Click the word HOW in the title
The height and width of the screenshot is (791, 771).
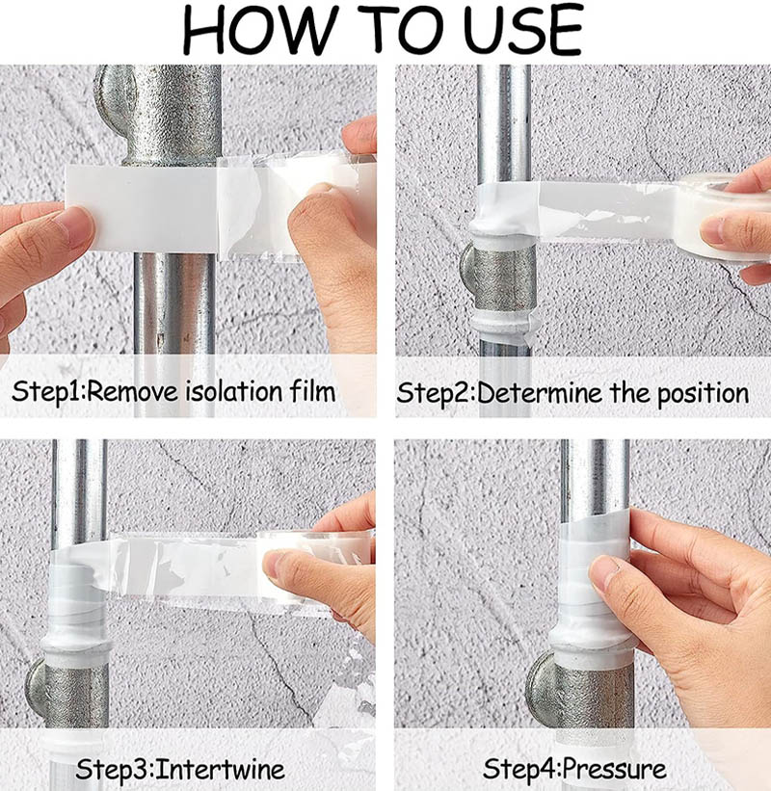[x=260, y=29]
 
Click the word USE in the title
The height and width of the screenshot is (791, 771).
[x=522, y=29]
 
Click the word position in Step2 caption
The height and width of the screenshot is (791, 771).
[x=703, y=394]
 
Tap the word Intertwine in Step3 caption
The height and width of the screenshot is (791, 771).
[x=220, y=769]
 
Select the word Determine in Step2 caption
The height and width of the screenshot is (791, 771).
[x=539, y=393]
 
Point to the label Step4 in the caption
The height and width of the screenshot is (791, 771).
[x=519, y=770]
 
